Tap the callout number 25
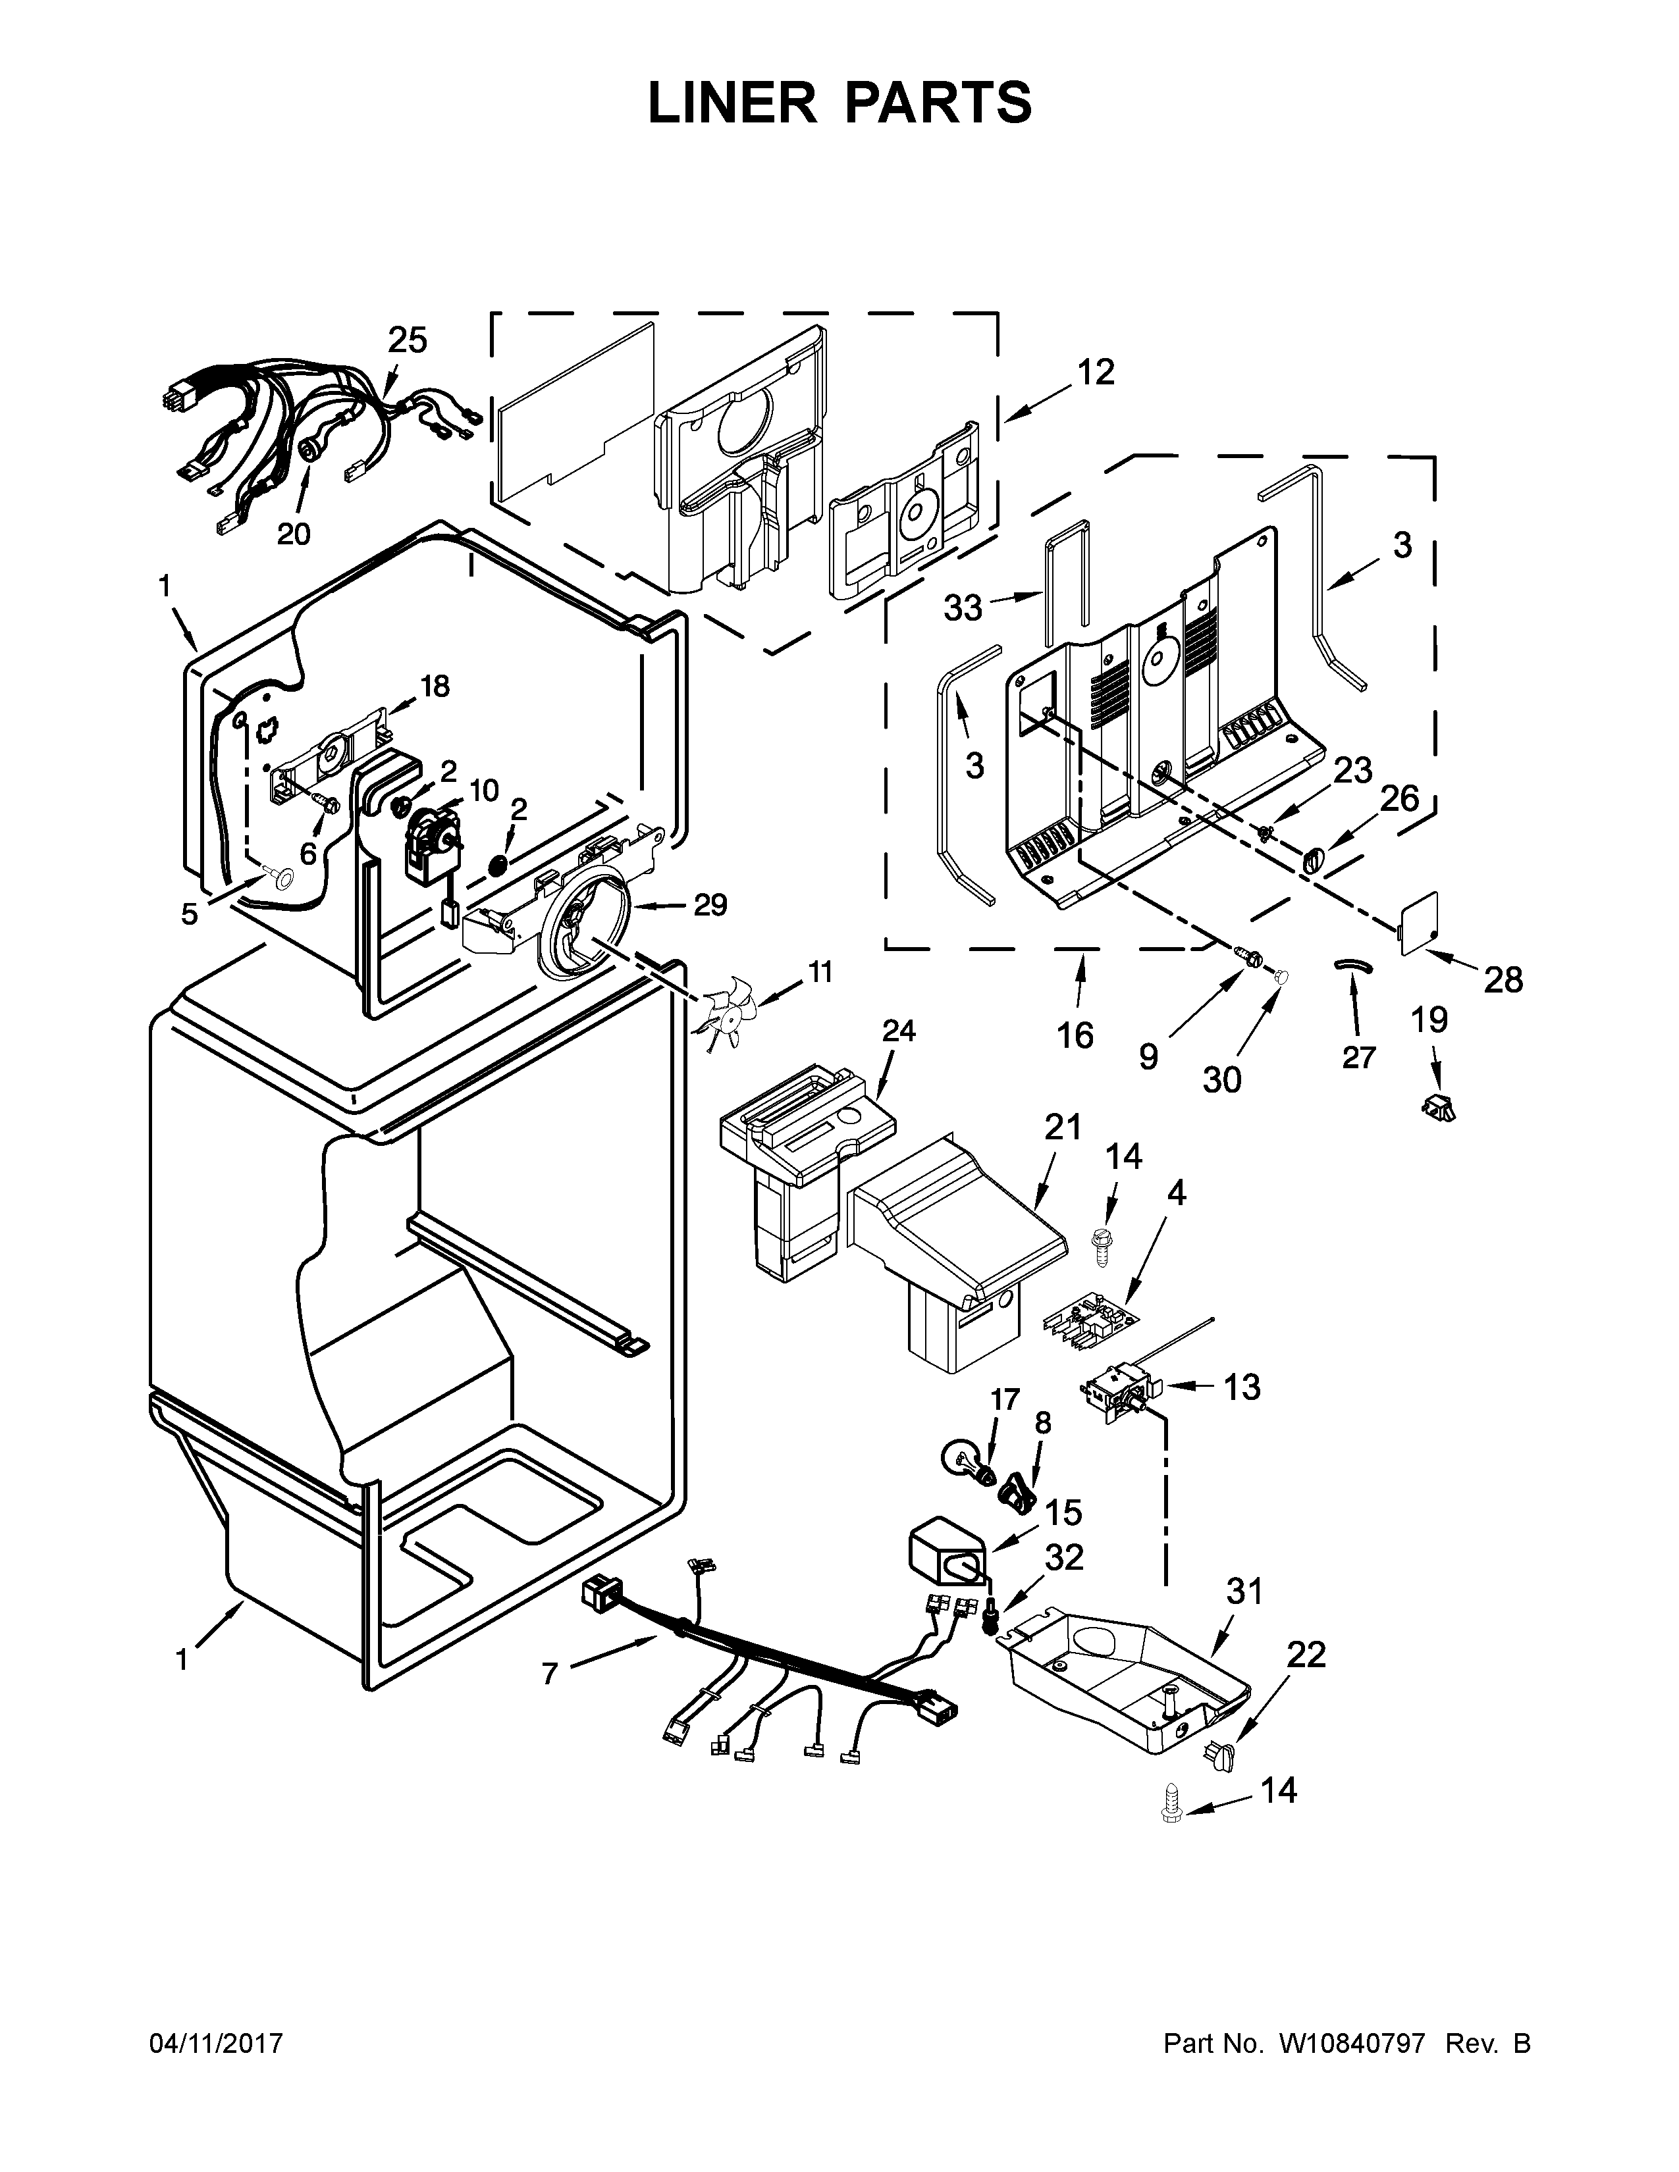pyautogui.click(x=407, y=340)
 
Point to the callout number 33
pyautogui.click(x=962, y=607)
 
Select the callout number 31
pyautogui.click(x=1243, y=1591)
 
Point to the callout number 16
pyautogui.click(x=1075, y=1035)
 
